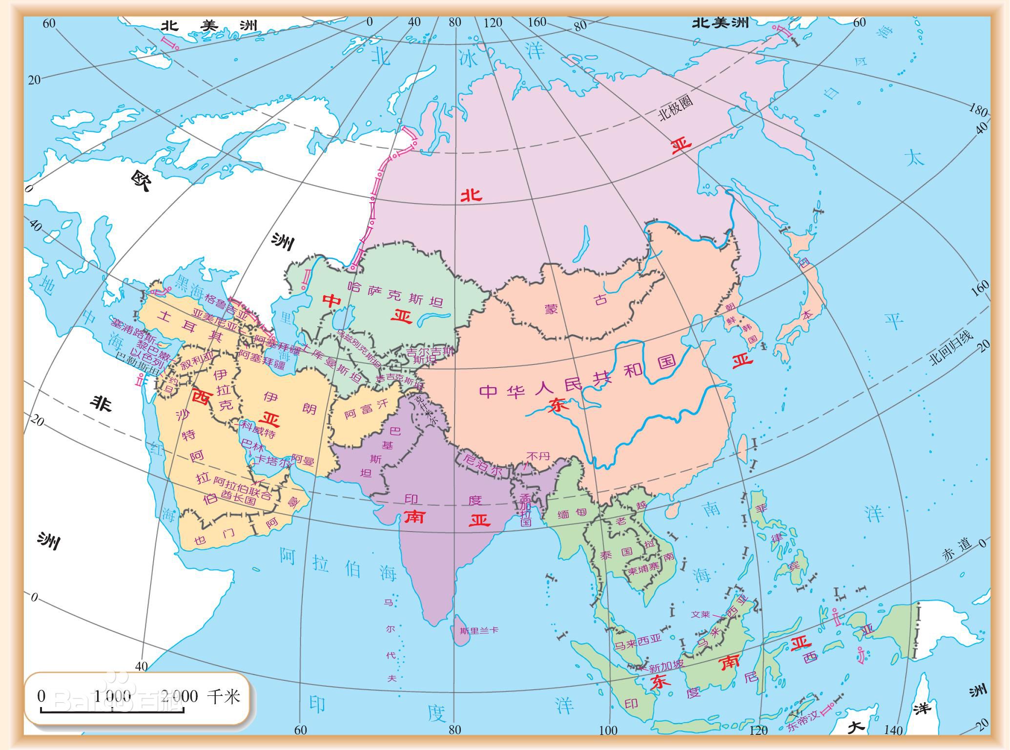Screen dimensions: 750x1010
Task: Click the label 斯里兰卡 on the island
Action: tap(479, 630)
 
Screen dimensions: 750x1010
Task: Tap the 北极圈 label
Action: tap(676, 109)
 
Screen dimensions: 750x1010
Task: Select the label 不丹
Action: tap(538, 456)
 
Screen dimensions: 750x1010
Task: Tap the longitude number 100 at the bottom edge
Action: tap(608, 730)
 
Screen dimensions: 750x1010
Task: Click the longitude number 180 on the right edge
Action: tap(978, 110)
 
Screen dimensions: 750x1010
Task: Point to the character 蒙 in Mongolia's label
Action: tap(551, 309)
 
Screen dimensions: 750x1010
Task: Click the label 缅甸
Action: tap(571, 513)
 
